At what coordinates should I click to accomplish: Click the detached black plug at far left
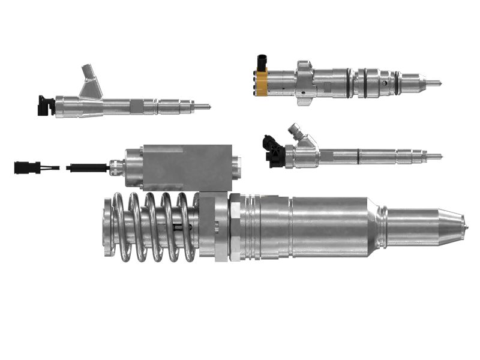[27, 167]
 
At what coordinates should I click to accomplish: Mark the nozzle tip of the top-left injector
[206, 107]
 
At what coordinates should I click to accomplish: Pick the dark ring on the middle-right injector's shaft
[358, 157]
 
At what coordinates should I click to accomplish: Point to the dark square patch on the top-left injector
[137, 106]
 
